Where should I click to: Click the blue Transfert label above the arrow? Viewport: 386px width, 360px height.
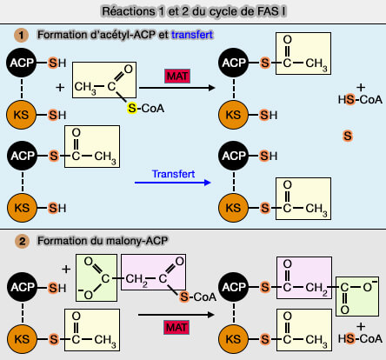click(x=174, y=172)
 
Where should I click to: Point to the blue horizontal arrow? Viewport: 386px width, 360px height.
click(x=173, y=183)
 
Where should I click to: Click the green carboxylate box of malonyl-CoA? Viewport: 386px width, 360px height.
click(x=97, y=278)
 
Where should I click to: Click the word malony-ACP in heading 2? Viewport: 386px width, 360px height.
click(x=116, y=239)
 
